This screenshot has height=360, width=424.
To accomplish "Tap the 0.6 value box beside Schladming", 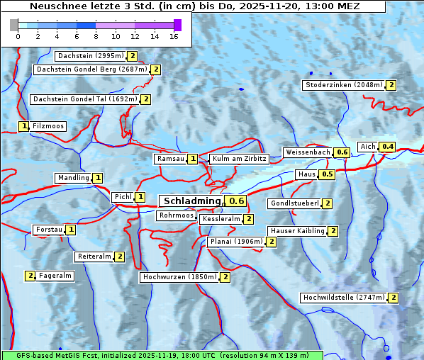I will coord(237,201).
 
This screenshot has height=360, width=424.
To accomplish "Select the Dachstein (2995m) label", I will coord(90,55).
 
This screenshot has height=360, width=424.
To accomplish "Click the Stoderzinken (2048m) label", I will coord(343,85).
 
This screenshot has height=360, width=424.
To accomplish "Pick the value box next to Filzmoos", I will coord(23,126).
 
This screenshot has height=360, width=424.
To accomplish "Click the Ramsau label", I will coord(170,159).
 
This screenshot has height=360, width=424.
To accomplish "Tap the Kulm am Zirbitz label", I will coord(239,159).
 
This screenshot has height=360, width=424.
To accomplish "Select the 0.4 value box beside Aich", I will coord(387,147).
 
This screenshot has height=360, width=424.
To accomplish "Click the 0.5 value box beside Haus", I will coord(327,174).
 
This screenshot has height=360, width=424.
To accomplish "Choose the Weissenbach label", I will coord(307,152).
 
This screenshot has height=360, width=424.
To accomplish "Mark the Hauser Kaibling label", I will coord(297,231).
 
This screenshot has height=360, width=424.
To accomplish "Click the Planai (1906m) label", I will coord(236,242).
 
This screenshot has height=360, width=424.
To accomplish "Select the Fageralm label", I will coord(55,276).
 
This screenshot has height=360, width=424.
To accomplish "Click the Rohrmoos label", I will coord(176,215).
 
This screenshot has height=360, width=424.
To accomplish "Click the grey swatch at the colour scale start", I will coord(14,25).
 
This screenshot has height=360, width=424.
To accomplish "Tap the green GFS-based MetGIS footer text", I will coord(162,355).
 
